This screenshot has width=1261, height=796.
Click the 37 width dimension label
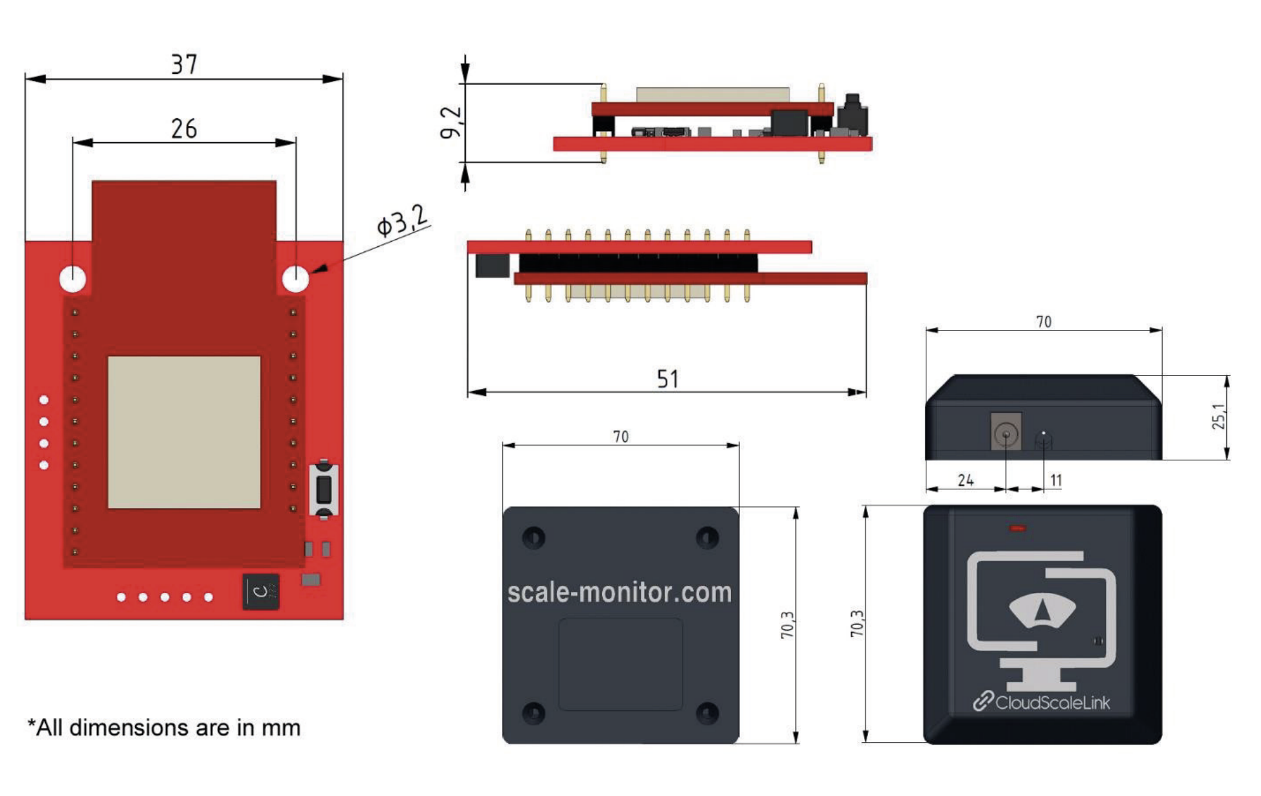point(184,64)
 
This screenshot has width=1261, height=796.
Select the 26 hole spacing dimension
point(184,129)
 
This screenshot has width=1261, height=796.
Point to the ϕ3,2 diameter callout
point(402,221)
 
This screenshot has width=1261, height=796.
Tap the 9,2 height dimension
point(451,122)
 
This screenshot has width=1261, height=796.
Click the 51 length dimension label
point(667,379)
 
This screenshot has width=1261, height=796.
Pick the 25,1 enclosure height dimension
point(1219,417)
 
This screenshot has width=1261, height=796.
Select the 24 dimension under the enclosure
point(965,480)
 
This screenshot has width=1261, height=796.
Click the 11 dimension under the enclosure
point(1056,480)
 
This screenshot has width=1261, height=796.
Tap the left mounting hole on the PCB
point(73,278)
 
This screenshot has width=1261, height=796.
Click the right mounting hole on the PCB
point(295,278)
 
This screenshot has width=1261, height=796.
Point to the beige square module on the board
point(184,432)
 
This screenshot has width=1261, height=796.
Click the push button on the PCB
point(324,489)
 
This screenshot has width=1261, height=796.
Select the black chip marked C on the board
point(261,591)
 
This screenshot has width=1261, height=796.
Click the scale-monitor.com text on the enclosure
point(620,592)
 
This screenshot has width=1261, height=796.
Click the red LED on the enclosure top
point(1018,529)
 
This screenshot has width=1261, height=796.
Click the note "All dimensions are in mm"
point(164,728)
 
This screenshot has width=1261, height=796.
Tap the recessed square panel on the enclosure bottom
point(620,664)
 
